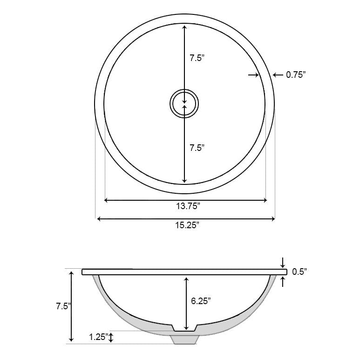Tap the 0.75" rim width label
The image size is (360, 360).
tap(295, 75)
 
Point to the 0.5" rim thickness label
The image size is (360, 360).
tap(299, 272)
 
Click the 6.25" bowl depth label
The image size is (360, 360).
tap(201, 301)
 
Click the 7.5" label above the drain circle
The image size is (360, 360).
tap(197, 58)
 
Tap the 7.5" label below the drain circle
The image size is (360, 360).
tap(197, 148)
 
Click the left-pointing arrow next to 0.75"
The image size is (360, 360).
tap(278, 75)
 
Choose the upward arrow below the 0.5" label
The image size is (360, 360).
tap(283, 281)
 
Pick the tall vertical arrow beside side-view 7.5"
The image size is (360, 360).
tap(71, 306)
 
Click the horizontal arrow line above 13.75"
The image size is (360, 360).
tap(185, 200)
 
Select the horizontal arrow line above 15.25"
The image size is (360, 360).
tap(185, 218)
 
